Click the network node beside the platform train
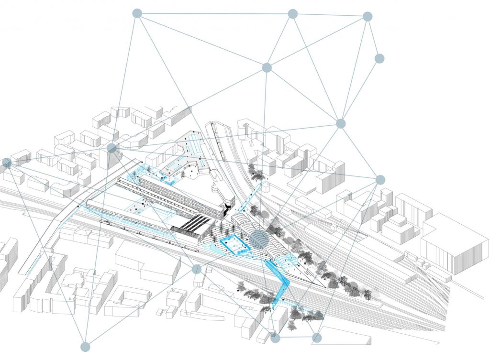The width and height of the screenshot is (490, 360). [197, 269]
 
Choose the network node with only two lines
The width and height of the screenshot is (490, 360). [379, 58]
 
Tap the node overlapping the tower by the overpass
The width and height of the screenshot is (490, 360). [112, 148]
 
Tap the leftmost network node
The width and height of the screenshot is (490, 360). [7, 163]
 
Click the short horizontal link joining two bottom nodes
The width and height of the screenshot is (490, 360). [296, 338]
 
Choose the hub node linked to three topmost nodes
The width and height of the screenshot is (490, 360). [267, 67]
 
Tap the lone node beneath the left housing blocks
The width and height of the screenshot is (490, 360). [85, 347]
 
